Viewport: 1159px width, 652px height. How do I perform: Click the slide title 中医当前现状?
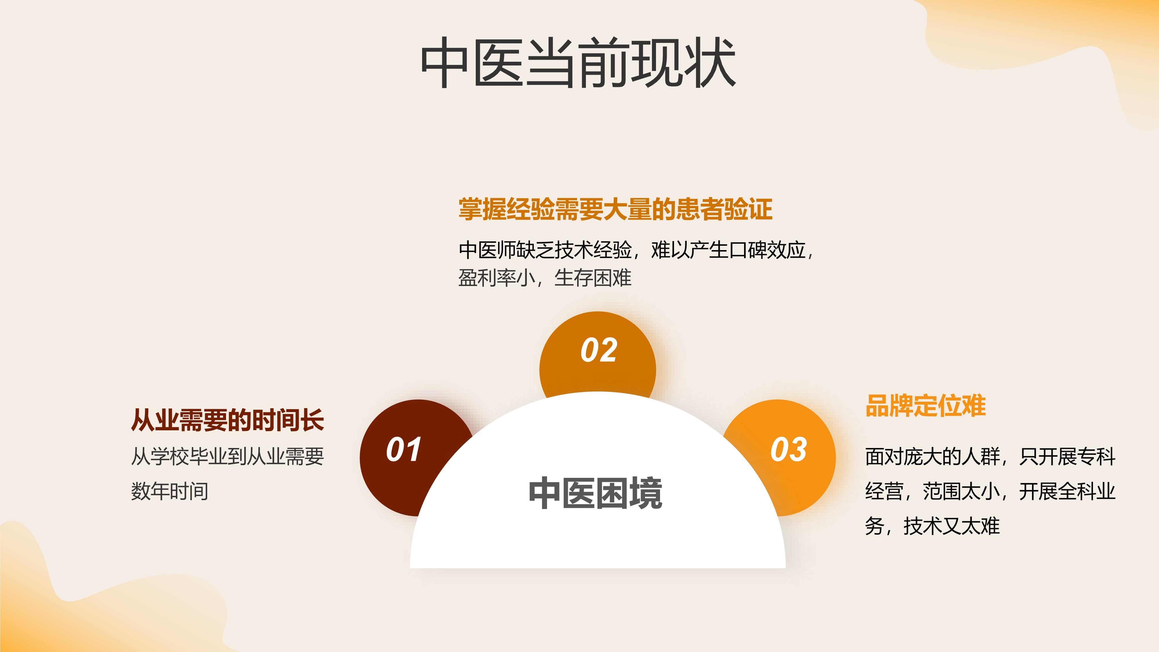[x=578, y=63]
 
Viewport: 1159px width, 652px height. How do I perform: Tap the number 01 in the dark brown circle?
[x=404, y=449]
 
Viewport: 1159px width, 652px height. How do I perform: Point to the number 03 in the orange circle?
[x=789, y=449]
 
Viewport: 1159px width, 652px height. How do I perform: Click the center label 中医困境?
[x=595, y=493]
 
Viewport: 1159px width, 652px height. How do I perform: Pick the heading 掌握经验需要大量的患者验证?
[x=615, y=209]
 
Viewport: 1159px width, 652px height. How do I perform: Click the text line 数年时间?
[x=170, y=491]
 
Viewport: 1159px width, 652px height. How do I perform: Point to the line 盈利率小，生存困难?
[x=545, y=278]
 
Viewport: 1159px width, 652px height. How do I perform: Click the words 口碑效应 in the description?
[x=767, y=250]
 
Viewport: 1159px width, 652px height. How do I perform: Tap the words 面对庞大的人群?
[x=933, y=456]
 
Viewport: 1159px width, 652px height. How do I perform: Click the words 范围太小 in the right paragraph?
[x=961, y=491]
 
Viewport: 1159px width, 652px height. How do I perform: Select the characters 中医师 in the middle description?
[x=487, y=250]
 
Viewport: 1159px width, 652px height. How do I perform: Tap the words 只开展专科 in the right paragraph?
[x=1067, y=456]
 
